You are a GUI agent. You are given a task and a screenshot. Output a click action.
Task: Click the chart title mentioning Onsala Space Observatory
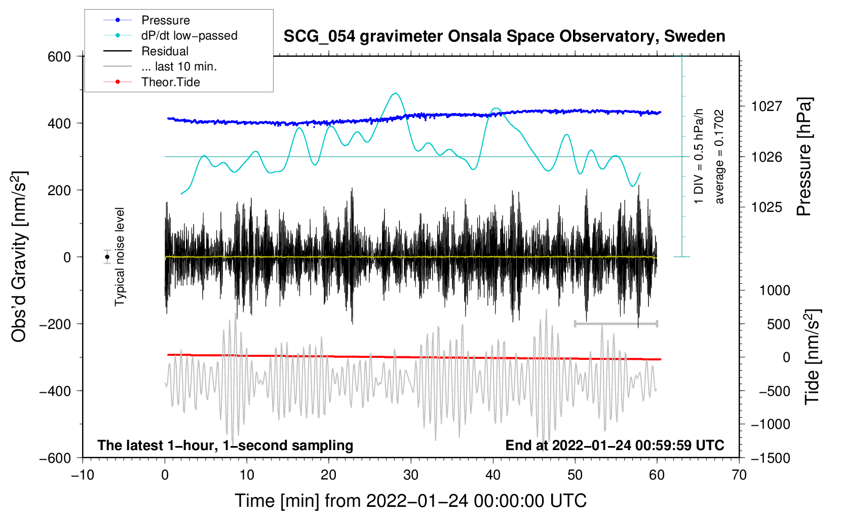tap(504, 36)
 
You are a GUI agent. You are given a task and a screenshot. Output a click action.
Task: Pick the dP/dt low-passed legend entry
tap(189, 35)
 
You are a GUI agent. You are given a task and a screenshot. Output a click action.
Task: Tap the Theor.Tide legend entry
tap(170, 82)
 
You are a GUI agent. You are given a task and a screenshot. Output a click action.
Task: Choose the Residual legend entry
tap(165, 51)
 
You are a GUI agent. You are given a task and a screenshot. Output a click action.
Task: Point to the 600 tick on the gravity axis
tap(59, 56)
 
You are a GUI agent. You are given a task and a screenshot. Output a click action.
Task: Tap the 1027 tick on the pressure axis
tap(767, 106)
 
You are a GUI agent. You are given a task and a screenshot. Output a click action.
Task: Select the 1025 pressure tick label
tap(767, 207)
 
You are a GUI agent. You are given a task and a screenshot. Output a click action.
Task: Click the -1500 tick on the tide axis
tap(771, 458)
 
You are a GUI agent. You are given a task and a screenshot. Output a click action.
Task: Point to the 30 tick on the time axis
tap(411, 475)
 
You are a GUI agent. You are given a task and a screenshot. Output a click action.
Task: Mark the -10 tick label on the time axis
tap(83, 475)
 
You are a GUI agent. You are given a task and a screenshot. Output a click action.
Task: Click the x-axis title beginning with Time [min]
tap(410, 501)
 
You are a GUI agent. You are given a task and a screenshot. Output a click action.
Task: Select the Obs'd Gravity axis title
tap(19, 257)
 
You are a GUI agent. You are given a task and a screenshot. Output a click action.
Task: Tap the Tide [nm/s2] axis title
tap(812, 357)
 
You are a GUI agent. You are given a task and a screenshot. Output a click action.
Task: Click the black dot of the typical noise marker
tap(107, 257)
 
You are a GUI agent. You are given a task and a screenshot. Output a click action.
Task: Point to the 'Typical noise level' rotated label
tap(120, 257)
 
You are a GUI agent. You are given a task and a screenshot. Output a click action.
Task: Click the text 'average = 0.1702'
tap(719, 157)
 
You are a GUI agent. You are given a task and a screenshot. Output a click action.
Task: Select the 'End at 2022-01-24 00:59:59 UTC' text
tap(615, 445)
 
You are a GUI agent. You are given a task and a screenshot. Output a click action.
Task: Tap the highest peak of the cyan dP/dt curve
tap(396, 93)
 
